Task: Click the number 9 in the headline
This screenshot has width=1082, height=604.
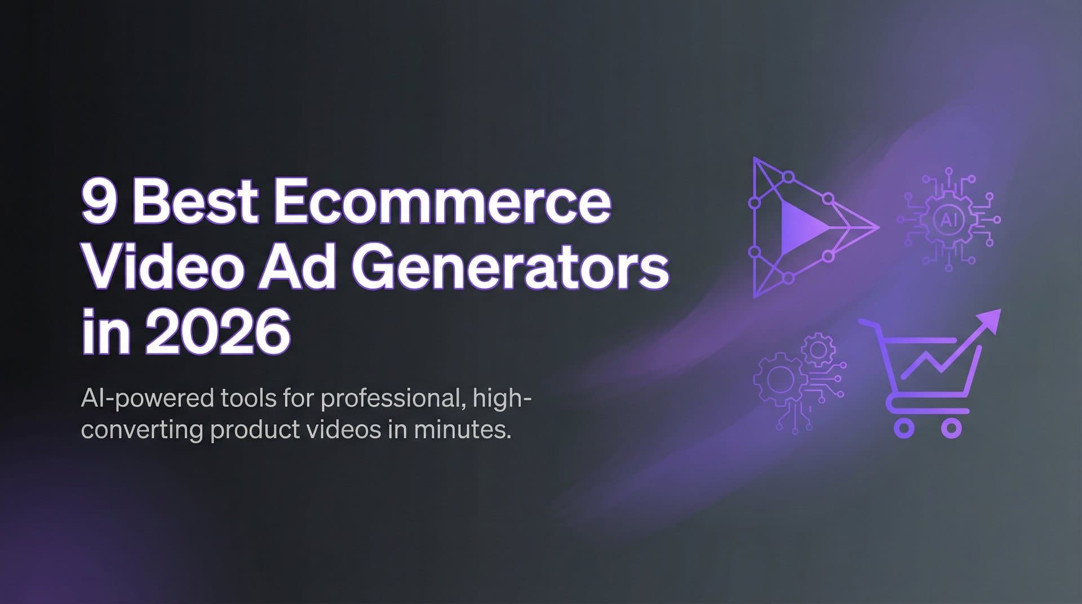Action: [x=99, y=202]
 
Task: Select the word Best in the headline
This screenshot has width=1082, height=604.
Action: [x=195, y=201]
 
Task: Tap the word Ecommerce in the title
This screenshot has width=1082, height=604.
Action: [x=442, y=201]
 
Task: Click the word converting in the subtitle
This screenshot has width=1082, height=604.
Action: [x=142, y=430]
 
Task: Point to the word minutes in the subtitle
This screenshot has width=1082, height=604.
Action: [x=462, y=430]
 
